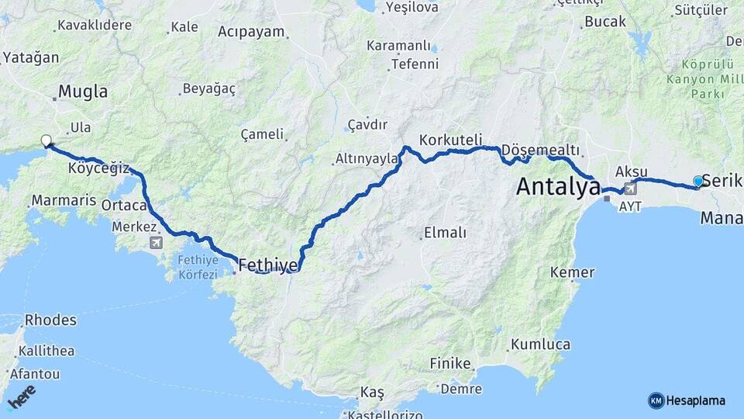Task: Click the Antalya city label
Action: [x=558, y=186]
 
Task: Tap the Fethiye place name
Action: [x=268, y=265]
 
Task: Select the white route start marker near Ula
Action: [x=46, y=141]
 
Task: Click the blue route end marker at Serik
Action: [x=698, y=182]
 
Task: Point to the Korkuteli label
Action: [x=450, y=140]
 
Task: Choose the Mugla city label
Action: [x=83, y=92]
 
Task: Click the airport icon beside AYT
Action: [x=630, y=188]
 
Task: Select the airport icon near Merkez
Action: [x=157, y=243]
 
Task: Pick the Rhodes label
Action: [x=50, y=320]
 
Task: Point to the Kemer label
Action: [x=572, y=272]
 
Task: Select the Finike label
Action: [x=450, y=363]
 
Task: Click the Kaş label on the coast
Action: [x=372, y=392]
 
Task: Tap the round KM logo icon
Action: [x=656, y=400]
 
